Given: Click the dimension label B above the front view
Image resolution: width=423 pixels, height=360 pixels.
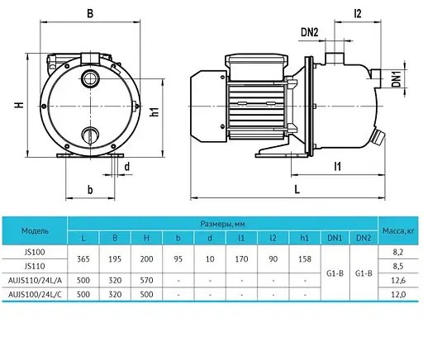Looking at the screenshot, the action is pos(90,13).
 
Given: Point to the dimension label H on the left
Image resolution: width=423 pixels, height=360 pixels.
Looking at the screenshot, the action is pos(19,105).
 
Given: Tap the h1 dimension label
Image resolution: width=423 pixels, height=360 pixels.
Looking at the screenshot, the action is pos(154,111).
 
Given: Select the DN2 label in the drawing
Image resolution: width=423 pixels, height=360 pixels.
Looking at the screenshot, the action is pos(310,32).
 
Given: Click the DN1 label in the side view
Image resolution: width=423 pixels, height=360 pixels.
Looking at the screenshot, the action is pos(397,78).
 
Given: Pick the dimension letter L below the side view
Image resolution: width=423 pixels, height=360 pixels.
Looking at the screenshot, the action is pos(297,189).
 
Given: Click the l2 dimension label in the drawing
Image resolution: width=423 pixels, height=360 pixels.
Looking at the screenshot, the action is pos(357,13).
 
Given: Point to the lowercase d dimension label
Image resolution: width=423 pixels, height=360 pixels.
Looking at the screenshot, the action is pos(127,167).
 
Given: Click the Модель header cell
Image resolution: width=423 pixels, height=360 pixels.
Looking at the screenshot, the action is pos(35,230).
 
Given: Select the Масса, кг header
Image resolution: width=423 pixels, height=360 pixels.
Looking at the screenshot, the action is pos(398,230).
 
